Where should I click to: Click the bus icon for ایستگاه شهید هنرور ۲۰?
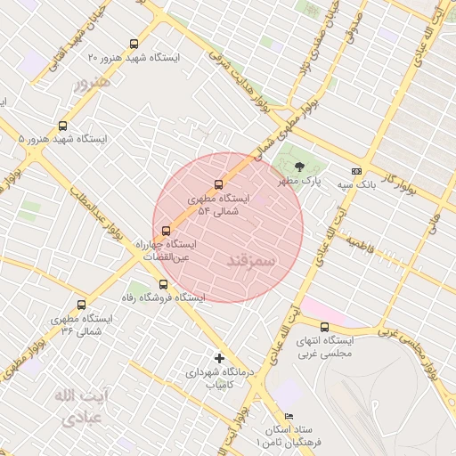click(134, 44)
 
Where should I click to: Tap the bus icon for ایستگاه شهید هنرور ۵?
click(62, 126)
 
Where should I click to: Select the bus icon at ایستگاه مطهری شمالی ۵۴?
click(220, 185)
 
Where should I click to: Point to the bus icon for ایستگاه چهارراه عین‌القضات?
click(166, 231)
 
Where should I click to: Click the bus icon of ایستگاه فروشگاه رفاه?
click(162, 284)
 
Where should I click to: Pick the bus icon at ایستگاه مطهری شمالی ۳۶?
click(82, 305)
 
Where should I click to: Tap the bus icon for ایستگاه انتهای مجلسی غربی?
click(324, 327)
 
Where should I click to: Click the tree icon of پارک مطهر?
click(299, 166)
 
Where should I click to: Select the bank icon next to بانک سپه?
click(357, 171)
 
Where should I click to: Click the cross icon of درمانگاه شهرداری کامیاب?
click(220, 359)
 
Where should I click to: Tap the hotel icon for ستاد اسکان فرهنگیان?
click(288, 417)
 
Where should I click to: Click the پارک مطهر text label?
click(298, 182)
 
